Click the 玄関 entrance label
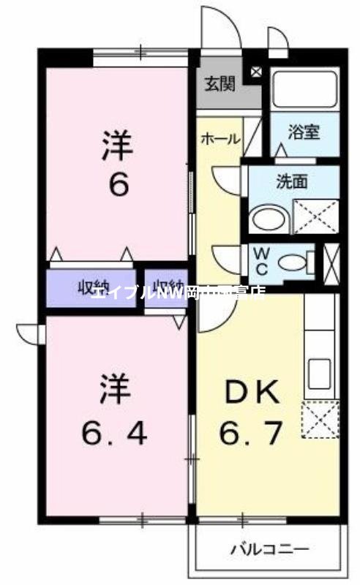click(220, 84)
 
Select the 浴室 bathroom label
click(304, 133)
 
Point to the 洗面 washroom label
click(291, 182)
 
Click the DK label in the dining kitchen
click(251, 394)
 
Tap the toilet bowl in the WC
click(293, 261)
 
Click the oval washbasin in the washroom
click(266, 218)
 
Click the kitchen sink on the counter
click(320, 374)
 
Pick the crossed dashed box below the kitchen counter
click(320, 420)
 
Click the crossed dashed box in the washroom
click(315, 216)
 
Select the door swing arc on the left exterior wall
click(29, 333)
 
